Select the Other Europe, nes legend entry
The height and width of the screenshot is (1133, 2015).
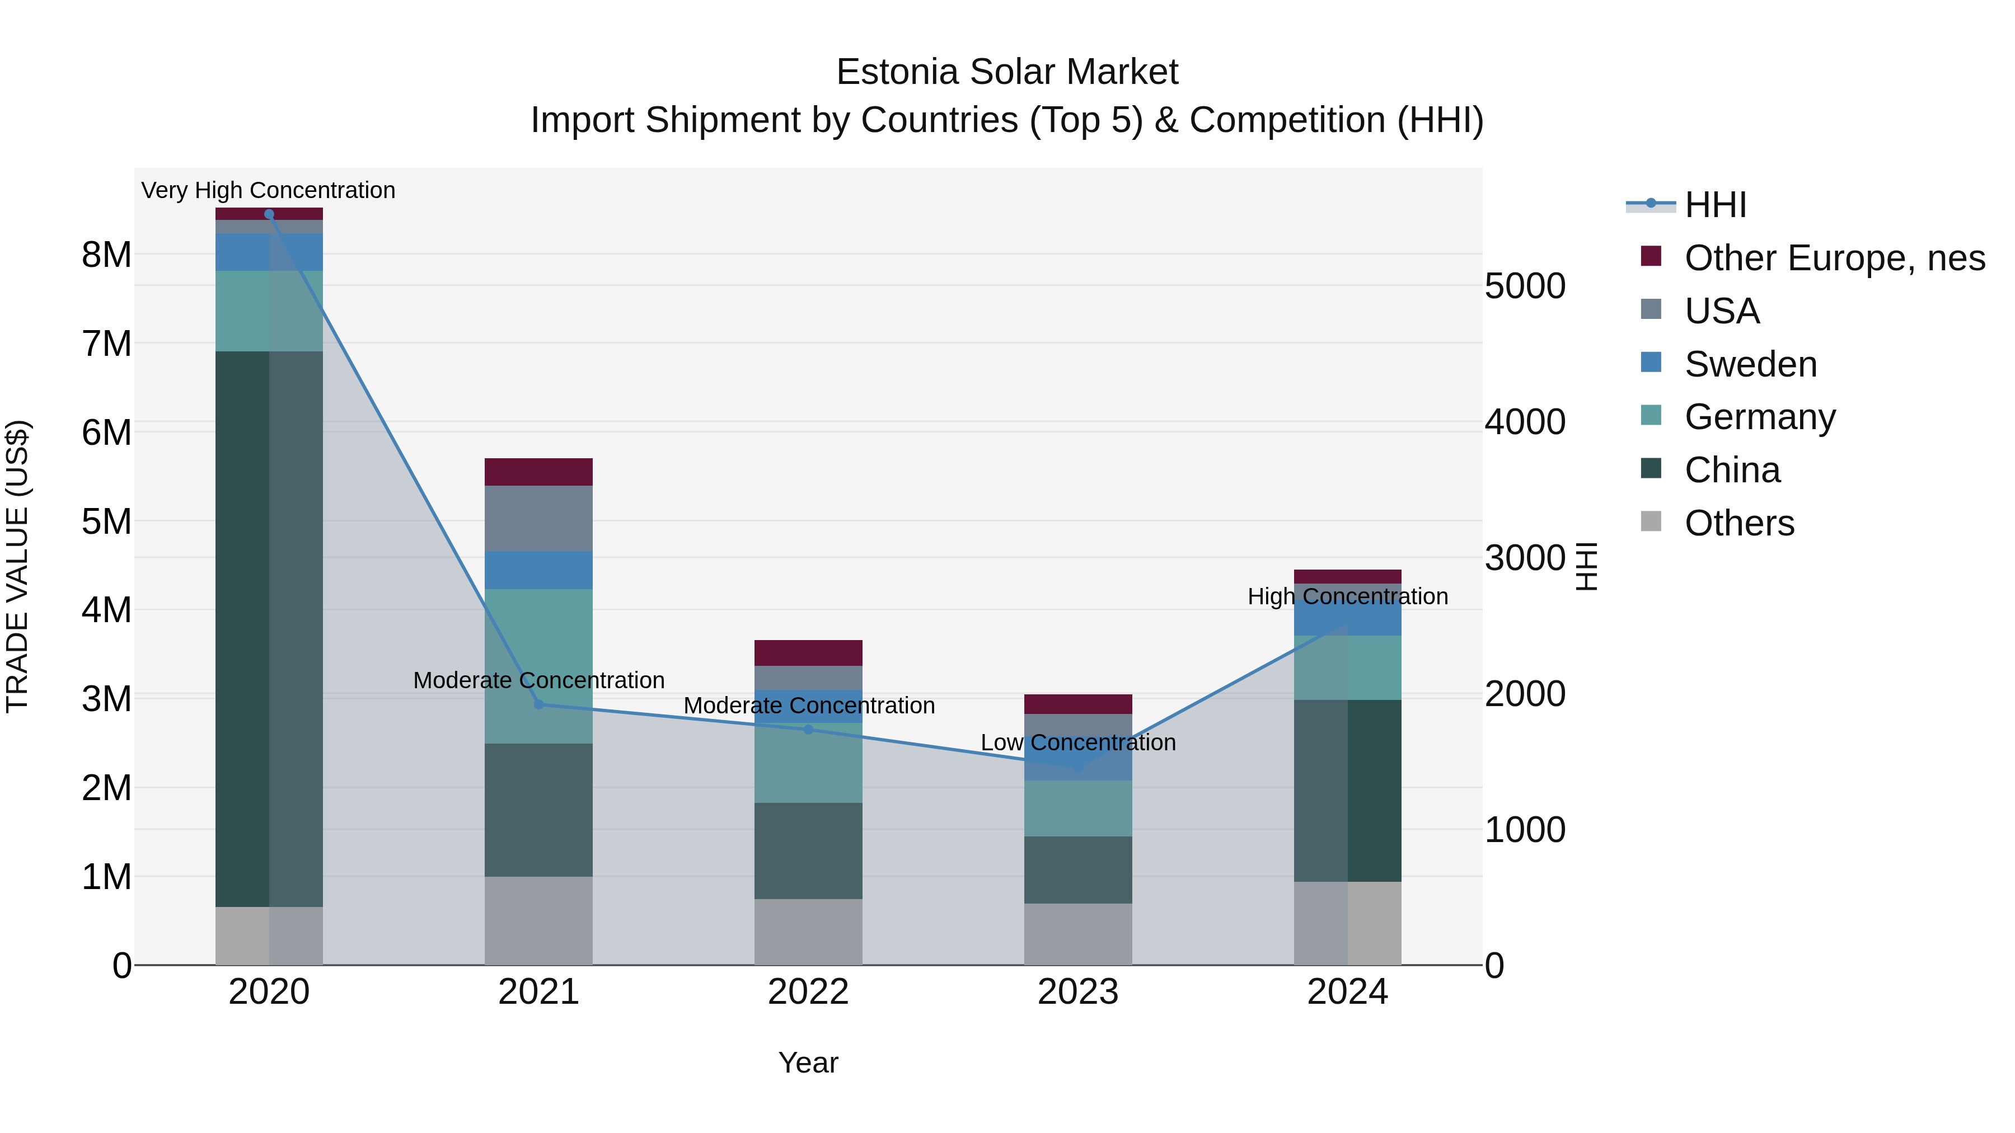coord(1834,258)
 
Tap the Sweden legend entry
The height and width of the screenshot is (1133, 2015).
coord(1751,364)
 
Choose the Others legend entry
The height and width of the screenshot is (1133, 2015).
coord(1739,523)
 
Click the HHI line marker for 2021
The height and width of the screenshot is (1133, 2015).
coord(538,704)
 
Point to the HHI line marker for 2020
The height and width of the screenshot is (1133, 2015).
coord(269,214)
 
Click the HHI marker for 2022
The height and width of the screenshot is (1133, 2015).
coord(808,730)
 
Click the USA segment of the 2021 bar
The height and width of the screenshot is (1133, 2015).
coord(538,519)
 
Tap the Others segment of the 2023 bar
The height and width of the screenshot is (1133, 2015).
coord(1078,934)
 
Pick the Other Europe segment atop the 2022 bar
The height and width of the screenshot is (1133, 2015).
coord(808,653)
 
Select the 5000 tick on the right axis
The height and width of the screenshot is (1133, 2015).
coord(1525,286)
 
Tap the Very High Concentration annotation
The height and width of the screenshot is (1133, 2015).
coord(268,191)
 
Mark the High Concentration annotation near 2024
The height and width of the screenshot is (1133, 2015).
coord(1347,596)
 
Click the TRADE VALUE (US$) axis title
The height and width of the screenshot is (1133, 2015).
coord(17,566)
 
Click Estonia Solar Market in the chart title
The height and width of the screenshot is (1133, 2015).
coord(1007,72)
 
